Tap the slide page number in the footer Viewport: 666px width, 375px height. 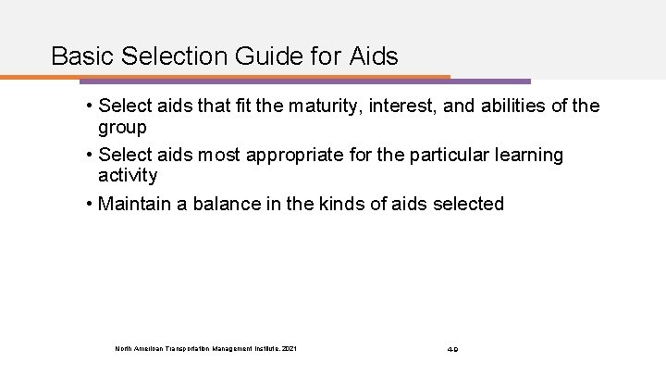[x=453, y=349]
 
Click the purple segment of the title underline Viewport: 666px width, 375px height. [x=490, y=81]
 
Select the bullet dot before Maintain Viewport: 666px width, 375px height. [x=86, y=203]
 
